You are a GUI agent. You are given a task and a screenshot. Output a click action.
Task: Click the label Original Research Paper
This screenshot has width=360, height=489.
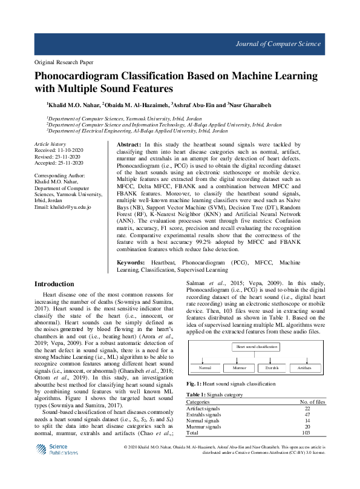pos(64,62)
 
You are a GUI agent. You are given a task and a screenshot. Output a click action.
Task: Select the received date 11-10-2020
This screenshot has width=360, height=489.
pos(72,150)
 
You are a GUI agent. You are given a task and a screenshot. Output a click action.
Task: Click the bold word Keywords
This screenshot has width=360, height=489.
pos(131,263)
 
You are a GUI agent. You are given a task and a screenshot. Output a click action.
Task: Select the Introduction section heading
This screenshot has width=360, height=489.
pos(54,284)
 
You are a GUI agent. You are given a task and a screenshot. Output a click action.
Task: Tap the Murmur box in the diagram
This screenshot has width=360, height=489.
pos(240,367)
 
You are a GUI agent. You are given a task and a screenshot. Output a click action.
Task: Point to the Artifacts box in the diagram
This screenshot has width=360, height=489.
pos(306,367)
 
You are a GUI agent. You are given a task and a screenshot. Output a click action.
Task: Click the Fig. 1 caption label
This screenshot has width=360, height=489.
pos(194,384)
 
